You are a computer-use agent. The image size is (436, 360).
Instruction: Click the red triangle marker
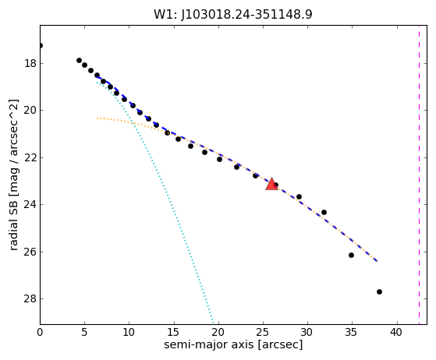(271, 184)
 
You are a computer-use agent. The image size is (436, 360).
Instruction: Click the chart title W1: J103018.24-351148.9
(233, 14)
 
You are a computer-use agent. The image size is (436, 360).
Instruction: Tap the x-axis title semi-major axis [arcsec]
(233, 344)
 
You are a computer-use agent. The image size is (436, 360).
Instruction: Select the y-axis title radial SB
(13, 217)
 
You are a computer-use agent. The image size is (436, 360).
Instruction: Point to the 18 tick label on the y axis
(30, 64)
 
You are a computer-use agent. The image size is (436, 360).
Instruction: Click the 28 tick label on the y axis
(30, 299)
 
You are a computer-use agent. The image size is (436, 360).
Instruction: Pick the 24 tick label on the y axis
(30, 205)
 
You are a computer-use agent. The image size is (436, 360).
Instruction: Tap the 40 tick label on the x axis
(396, 332)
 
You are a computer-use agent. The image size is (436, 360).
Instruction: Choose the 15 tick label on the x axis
(174, 332)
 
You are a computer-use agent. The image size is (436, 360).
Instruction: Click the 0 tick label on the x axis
(40, 332)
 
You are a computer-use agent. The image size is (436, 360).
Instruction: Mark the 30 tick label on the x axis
(307, 332)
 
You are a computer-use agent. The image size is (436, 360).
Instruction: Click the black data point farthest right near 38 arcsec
(379, 291)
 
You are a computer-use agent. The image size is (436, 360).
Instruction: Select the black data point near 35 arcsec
(351, 255)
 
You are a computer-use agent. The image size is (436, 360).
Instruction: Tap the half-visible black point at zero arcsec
(41, 45)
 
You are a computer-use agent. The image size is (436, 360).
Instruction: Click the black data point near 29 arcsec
(299, 196)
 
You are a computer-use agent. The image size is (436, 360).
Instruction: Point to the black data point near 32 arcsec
(324, 212)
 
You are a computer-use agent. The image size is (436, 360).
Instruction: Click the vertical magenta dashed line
(419, 175)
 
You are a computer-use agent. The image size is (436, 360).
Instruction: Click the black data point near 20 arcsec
(219, 159)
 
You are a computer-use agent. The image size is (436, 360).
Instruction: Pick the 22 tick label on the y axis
(30, 157)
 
